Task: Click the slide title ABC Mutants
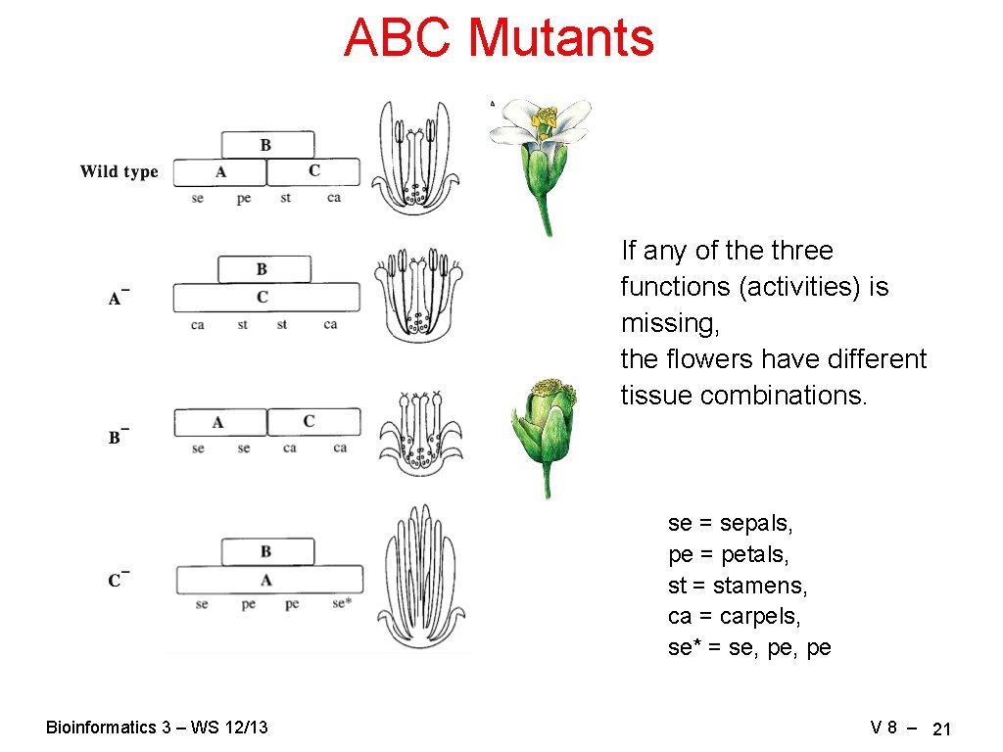click(x=499, y=39)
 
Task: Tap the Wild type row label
click(x=119, y=172)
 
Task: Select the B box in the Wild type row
click(x=267, y=145)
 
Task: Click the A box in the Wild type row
click(x=219, y=172)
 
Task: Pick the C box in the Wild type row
click(x=313, y=172)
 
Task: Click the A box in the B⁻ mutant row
click(x=219, y=422)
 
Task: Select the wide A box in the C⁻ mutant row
click(x=268, y=580)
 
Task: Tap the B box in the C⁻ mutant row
click(x=267, y=551)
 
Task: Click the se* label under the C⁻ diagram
click(x=340, y=604)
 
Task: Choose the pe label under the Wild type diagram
click(x=244, y=198)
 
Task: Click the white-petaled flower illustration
click(x=542, y=162)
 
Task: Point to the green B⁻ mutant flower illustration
click(x=544, y=431)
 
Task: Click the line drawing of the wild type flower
click(x=416, y=157)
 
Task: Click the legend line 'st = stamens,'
click(x=738, y=586)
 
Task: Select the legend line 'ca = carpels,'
click(x=734, y=617)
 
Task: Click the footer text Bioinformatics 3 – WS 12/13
click(x=157, y=727)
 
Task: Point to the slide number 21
click(x=941, y=728)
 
